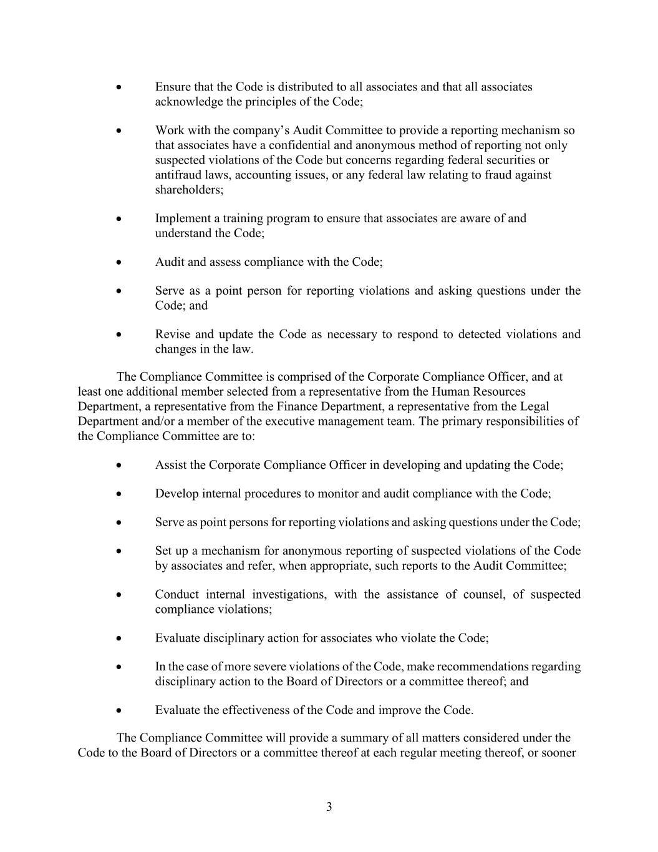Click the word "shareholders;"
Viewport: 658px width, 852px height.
[189, 190]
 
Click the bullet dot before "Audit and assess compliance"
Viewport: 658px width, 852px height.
[119, 263]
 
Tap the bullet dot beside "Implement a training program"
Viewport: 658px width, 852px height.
[119, 219]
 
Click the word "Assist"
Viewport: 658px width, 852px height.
[170, 466]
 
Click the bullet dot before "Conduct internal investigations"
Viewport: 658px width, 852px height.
[119, 595]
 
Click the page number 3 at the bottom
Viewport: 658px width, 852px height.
[329, 807]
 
